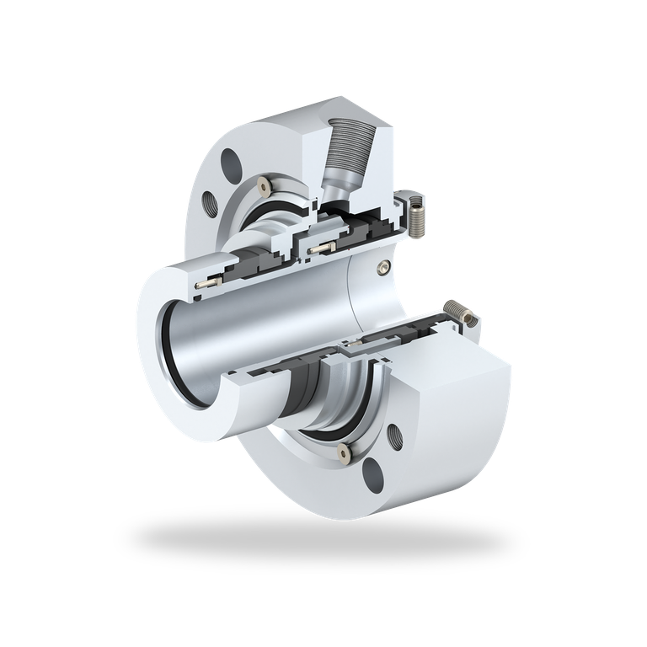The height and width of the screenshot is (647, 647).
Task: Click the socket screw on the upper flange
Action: coord(268,184)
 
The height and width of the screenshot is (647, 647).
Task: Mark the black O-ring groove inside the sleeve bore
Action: coord(173,354)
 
